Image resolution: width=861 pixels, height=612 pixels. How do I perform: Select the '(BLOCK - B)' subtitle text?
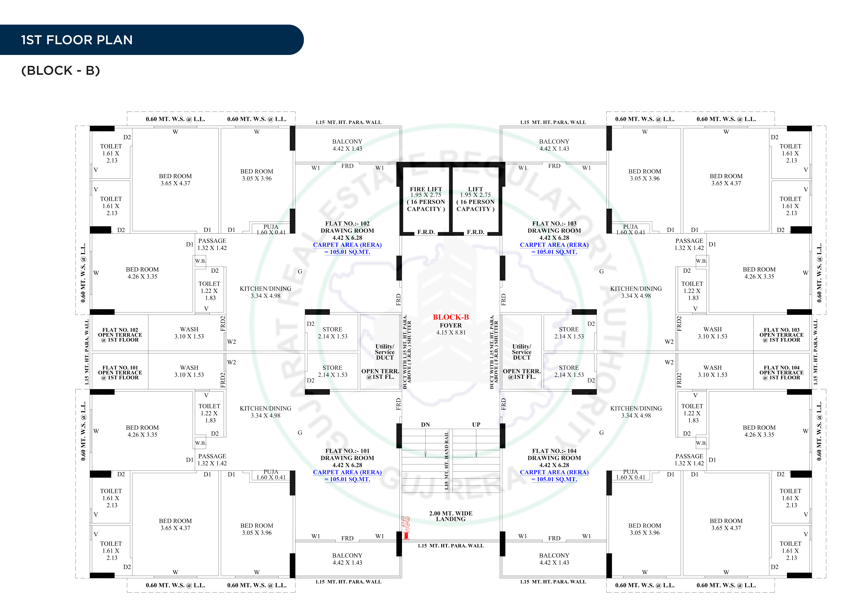(x=60, y=70)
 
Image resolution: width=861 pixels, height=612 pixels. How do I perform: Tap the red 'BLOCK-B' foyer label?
(x=451, y=317)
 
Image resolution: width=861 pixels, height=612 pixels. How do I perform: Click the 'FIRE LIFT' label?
(x=426, y=189)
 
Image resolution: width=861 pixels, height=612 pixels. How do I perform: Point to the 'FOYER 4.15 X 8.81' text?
(x=451, y=329)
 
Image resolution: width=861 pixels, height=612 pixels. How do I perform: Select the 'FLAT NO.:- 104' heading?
(x=554, y=451)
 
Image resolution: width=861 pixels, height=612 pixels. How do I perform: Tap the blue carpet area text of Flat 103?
(x=554, y=248)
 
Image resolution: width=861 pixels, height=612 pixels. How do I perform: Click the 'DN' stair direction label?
(x=425, y=425)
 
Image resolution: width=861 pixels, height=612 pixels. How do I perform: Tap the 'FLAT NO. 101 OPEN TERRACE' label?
(x=120, y=372)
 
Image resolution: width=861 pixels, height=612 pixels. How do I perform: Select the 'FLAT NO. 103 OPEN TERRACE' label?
(x=781, y=335)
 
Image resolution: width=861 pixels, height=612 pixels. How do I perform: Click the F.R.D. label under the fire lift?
(x=426, y=232)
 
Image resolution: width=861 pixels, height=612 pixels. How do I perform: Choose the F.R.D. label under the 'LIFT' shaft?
(x=475, y=232)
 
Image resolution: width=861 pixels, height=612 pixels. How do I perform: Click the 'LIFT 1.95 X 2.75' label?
(x=475, y=192)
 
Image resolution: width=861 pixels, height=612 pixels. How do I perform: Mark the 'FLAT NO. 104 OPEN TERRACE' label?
(x=781, y=372)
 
